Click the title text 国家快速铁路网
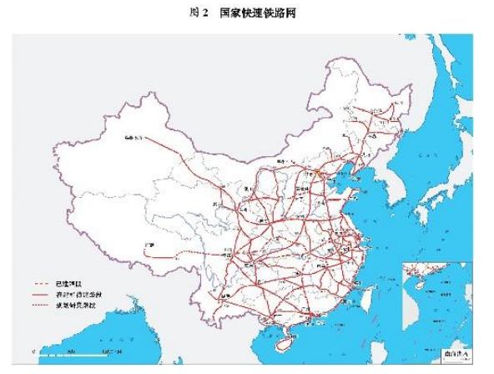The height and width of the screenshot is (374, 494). click(x=259, y=14)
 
